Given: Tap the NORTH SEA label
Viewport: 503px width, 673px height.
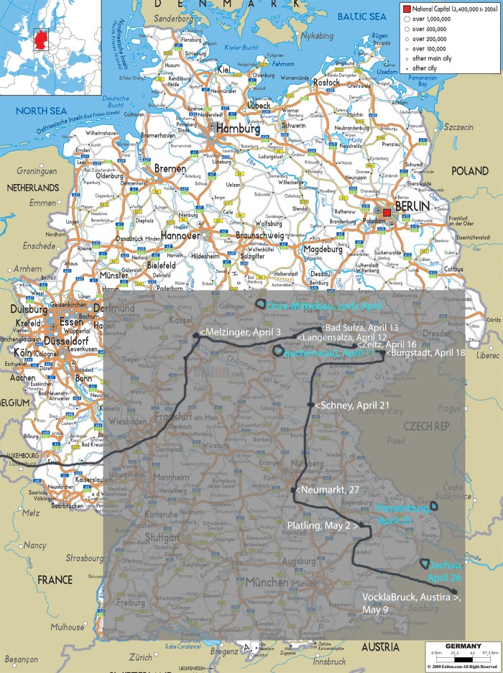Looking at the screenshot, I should (x=34, y=111).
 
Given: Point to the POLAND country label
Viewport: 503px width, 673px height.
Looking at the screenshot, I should (x=469, y=173).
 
